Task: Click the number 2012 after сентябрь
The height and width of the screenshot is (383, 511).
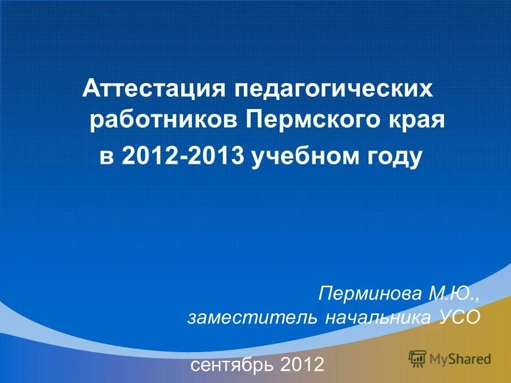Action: [x=302, y=365]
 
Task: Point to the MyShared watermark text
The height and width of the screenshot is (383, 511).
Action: [x=460, y=359]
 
